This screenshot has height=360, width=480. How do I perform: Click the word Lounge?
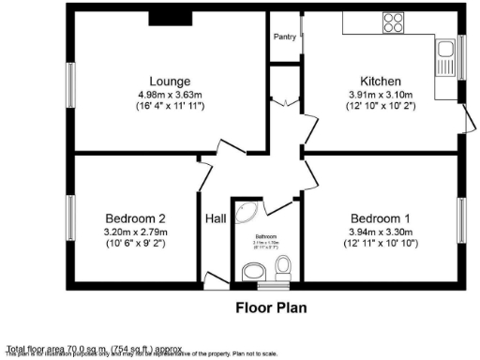169,81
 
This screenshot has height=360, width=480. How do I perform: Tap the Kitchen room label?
381,81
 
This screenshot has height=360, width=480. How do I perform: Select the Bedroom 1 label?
380,218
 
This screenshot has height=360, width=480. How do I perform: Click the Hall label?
216,218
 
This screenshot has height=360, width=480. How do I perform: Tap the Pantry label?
285,37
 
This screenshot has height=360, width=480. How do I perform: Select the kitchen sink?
445,60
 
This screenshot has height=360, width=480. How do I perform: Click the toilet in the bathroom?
282,270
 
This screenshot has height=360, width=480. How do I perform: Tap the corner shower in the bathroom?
246,214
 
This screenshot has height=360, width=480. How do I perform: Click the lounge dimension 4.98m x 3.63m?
169,94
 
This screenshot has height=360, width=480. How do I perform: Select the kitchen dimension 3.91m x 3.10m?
381,94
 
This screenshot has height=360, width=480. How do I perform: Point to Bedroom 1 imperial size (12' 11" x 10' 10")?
380,246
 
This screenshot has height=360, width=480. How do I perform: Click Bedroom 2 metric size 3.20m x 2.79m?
136,232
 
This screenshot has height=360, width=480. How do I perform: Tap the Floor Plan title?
270,307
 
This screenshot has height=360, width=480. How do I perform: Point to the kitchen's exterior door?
464,116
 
